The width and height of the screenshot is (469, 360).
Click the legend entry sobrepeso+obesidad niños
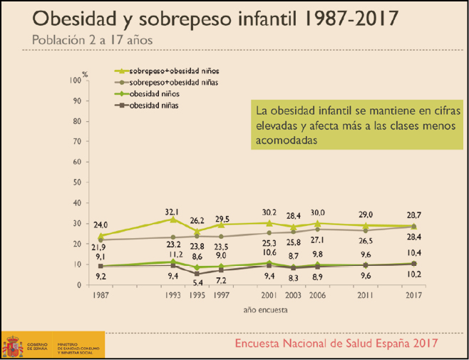point(175,71)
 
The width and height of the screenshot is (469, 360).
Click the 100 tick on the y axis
point(76,80)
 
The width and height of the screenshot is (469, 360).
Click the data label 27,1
point(319,240)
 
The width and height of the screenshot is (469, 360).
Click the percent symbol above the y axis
point(85,73)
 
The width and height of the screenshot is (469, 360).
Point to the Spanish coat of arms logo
point(13,346)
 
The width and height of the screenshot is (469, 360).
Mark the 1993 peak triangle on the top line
point(172,220)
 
